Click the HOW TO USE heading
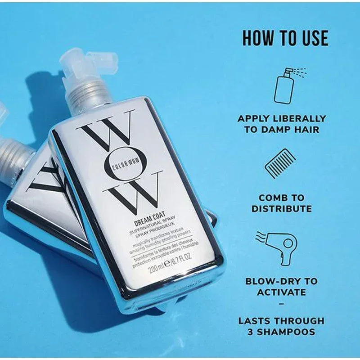pos(285,38)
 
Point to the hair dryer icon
pos(282,246)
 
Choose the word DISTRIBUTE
pos(282,209)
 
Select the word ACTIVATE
pos(282,292)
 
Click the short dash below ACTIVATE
pos(282,304)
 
